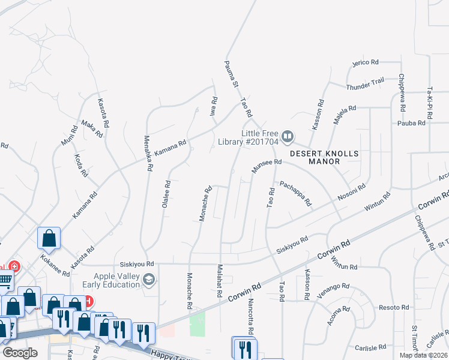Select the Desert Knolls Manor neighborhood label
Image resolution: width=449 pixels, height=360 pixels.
pos(324,157)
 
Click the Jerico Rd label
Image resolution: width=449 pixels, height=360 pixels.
pos(365,62)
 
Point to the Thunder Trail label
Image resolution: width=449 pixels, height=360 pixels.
pos(365,84)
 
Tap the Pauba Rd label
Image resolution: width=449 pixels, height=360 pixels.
pos(411,123)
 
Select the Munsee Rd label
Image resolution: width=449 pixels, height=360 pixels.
pos(267,166)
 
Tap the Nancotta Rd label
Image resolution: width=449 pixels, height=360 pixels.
pos(250,318)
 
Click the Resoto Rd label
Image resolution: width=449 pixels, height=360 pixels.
pos(393,307)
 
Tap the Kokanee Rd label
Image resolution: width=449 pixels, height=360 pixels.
pos(56,263)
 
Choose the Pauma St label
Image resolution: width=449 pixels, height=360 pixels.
pos(229,77)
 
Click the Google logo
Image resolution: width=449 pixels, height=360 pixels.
pos(20,353)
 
